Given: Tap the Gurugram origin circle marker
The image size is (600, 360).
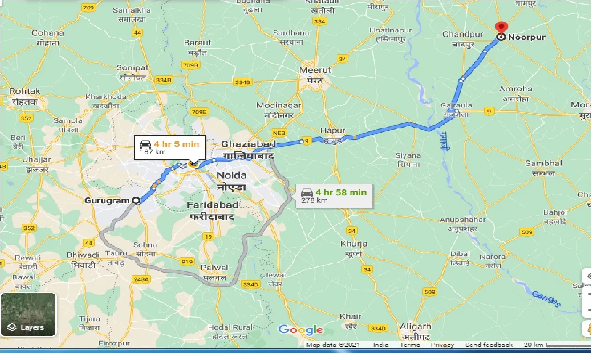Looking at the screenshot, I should pos(136,201).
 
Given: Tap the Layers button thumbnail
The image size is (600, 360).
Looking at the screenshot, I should pos(29,315).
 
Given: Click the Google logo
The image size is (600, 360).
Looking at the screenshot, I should pos(301,330).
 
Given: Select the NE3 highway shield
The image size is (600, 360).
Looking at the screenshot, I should pos(279,133).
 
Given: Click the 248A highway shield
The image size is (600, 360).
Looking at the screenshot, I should pos(141,280).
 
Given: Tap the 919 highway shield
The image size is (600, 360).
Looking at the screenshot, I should pos(187,262).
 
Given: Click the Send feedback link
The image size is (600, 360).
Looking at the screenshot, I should pos(489,345).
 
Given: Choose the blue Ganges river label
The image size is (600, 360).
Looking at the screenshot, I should pos(546,299).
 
